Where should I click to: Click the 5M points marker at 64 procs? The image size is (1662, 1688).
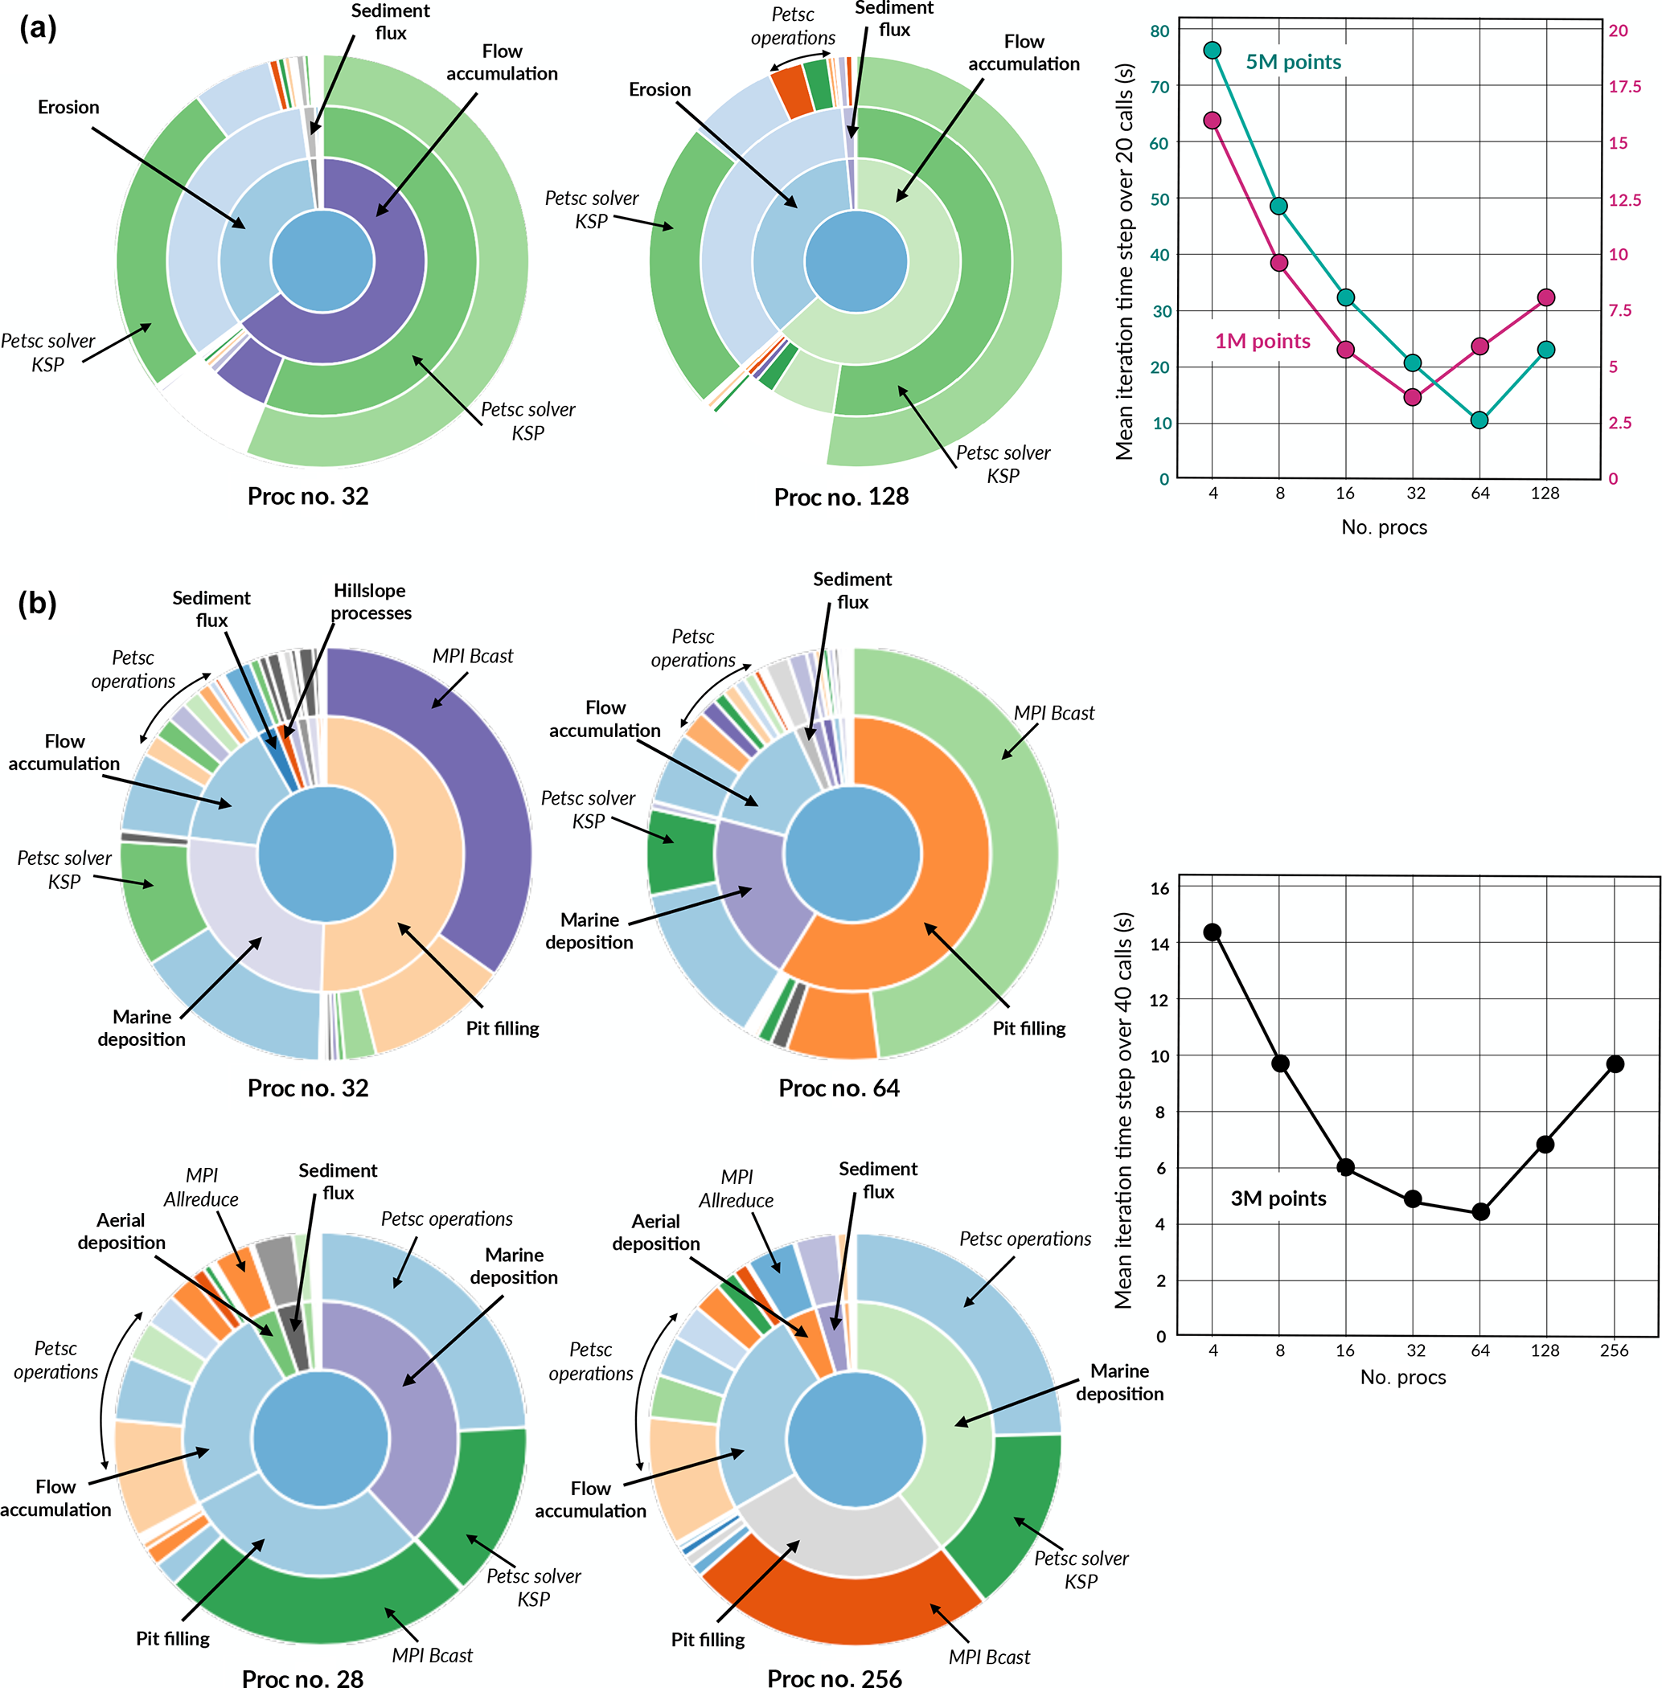[1479, 420]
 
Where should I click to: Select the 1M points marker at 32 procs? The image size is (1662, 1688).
[1414, 397]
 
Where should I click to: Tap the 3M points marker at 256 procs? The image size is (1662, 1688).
[1615, 1064]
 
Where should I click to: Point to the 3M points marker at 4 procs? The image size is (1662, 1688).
[1213, 932]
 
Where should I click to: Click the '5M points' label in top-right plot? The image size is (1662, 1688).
[1293, 62]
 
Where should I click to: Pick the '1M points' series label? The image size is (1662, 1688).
[1262, 342]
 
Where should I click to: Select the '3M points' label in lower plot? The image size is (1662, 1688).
[1278, 1198]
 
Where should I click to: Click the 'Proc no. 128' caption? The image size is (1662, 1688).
[842, 497]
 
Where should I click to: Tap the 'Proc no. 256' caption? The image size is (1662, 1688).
[835, 1678]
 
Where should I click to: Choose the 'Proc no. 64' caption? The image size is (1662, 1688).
[839, 1088]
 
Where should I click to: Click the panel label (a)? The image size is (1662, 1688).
[38, 28]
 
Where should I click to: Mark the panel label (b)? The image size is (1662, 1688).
[38, 603]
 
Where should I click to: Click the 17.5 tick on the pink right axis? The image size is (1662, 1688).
[1624, 86]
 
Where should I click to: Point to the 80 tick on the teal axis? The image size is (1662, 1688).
[1159, 31]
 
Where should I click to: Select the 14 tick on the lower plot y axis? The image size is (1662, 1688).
[1159, 944]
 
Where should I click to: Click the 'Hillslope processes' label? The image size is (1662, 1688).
[370, 601]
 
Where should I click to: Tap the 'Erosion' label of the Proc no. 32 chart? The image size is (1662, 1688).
[68, 108]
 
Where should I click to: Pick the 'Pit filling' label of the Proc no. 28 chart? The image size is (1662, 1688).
[173, 1638]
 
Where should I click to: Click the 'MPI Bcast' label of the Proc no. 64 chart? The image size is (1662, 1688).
[1053, 713]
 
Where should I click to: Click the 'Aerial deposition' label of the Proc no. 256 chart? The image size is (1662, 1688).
[655, 1232]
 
